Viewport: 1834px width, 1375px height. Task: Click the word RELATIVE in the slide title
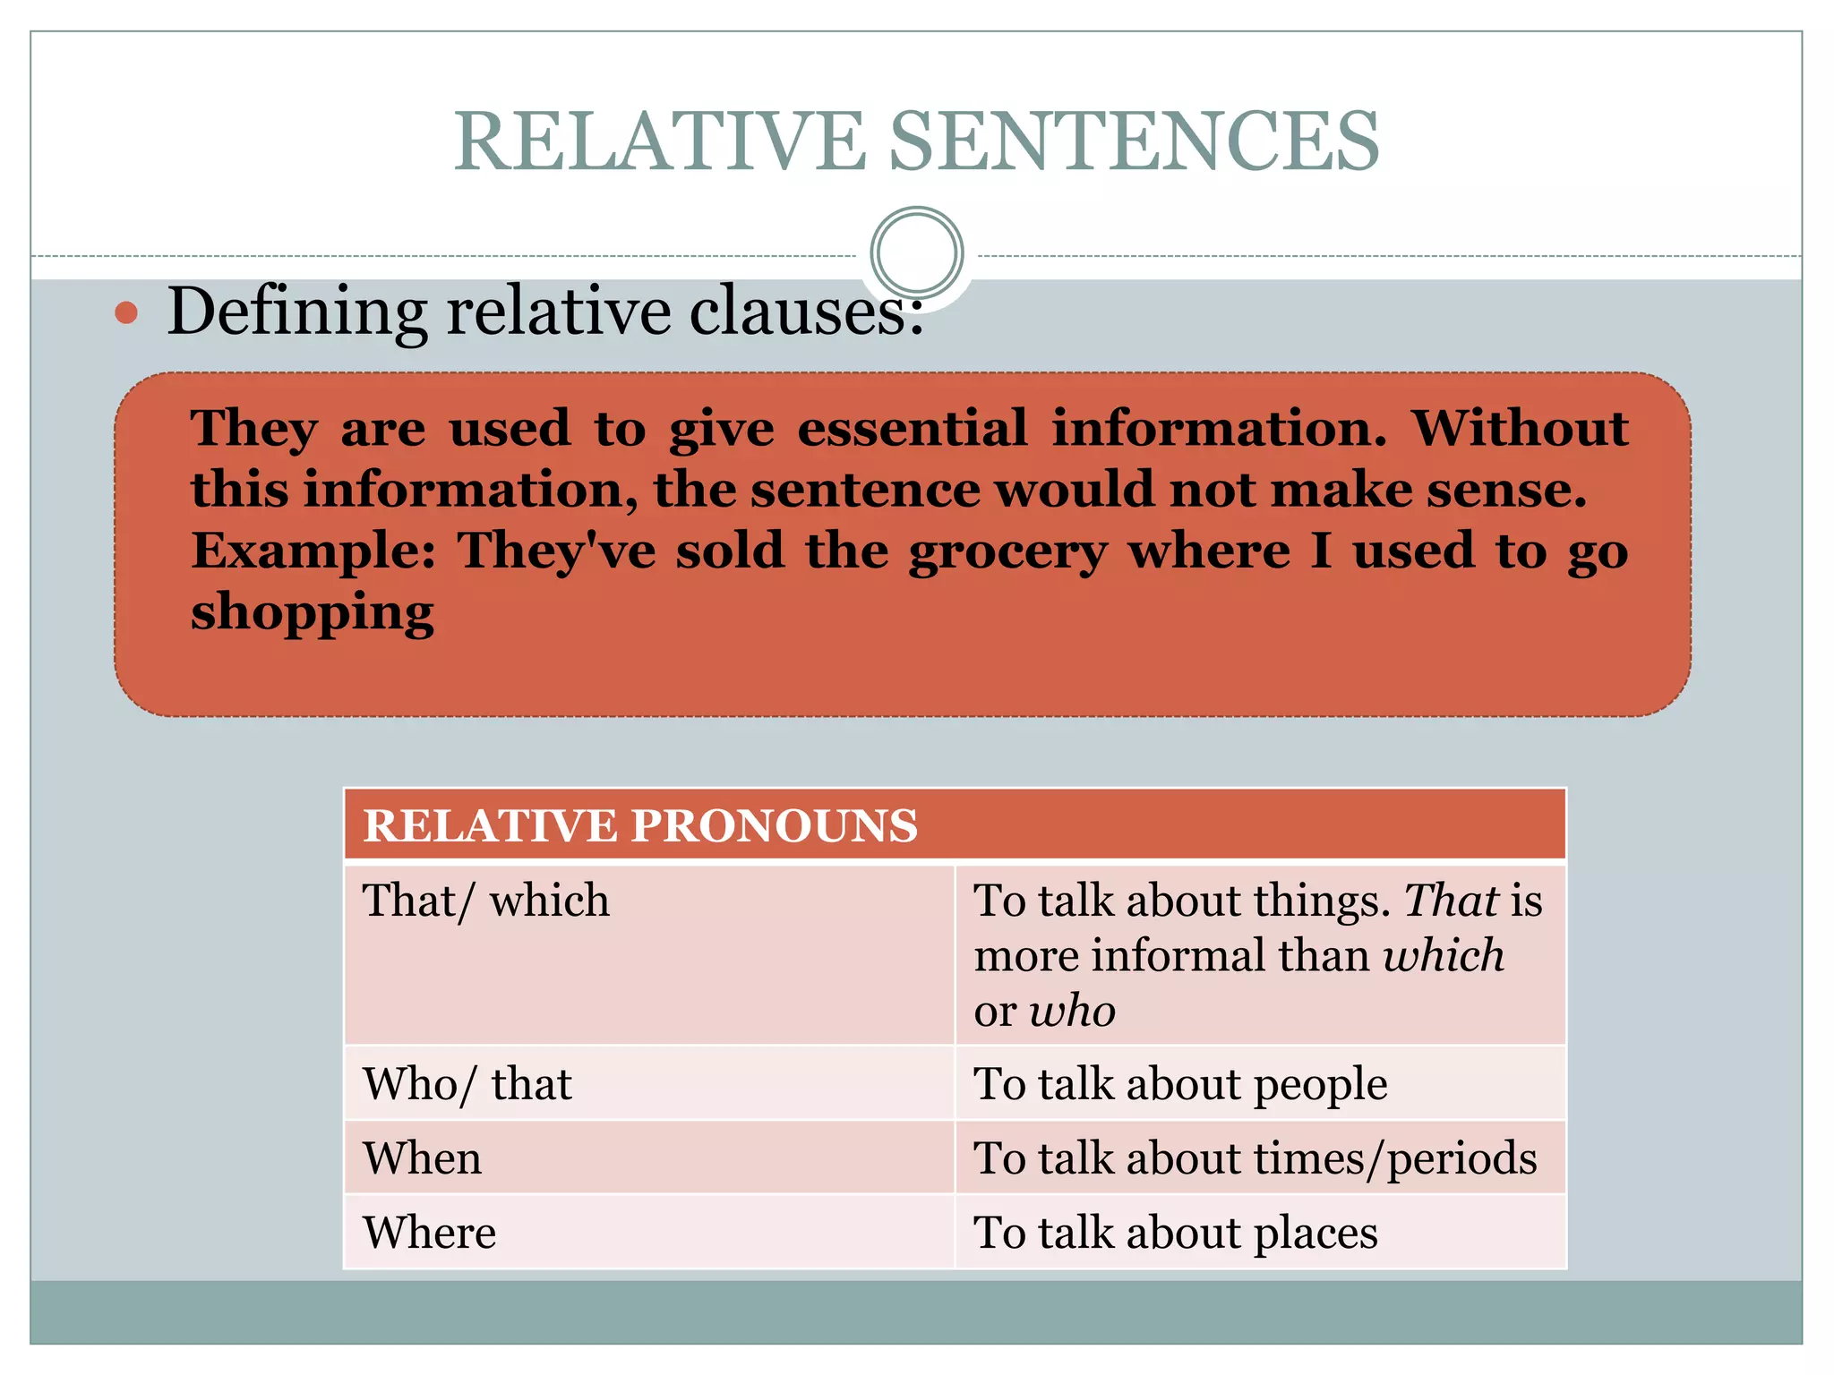(659, 141)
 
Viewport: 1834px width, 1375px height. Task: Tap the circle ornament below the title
(916, 252)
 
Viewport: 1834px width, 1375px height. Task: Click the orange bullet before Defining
(127, 312)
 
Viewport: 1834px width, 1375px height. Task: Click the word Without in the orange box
(1519, 428)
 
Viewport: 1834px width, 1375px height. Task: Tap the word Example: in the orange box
(313, 550)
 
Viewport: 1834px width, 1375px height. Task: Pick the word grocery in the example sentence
(1007, 551)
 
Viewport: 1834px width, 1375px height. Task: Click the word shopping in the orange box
(312, 613)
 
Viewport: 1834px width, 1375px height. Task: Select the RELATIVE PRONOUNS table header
(640, 824)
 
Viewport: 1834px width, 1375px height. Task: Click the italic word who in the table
(1072, 1012)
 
